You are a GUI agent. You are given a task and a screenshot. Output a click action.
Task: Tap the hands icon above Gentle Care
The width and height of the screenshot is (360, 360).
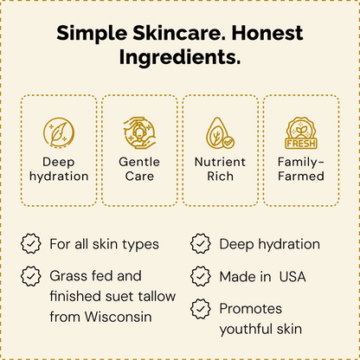(139, 132)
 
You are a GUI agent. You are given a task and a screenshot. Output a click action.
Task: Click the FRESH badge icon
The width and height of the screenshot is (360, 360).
(301, 133)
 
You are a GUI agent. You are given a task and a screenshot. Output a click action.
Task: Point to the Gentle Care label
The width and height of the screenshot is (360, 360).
(139, 169)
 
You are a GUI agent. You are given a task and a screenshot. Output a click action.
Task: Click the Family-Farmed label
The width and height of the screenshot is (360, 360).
(301, 169)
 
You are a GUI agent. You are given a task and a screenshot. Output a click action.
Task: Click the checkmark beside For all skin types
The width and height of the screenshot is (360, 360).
(31, 245)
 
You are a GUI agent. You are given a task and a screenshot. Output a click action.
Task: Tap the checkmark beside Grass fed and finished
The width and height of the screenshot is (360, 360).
(31, 276)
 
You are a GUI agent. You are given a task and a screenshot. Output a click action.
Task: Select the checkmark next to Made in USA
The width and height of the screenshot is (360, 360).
(201, 276)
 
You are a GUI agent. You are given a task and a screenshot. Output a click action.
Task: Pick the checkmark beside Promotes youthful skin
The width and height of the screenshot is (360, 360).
(201, 308)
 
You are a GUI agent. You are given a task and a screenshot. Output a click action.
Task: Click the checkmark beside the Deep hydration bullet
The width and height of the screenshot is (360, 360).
(201, 245)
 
